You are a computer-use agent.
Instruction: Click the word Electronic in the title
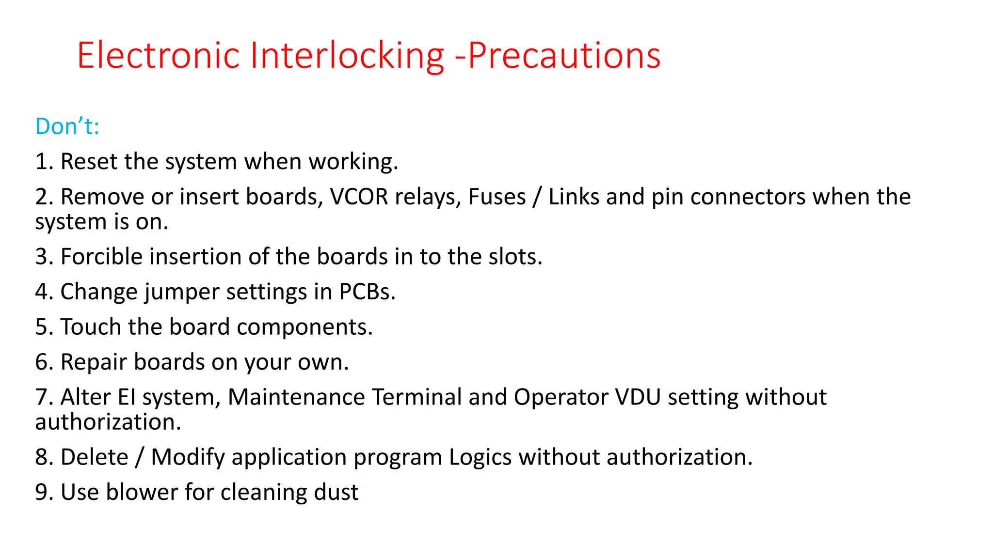coord(158,55)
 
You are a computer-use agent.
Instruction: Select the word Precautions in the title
coord(564,55)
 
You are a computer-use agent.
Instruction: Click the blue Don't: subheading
coord(67,126)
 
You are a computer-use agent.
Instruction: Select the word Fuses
coord(497,197)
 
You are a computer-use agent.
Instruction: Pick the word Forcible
coord(101,256)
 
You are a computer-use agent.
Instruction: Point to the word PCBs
coord(367,292)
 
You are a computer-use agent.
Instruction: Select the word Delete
coord(95,457)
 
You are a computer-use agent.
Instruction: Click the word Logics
coord(480,457)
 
